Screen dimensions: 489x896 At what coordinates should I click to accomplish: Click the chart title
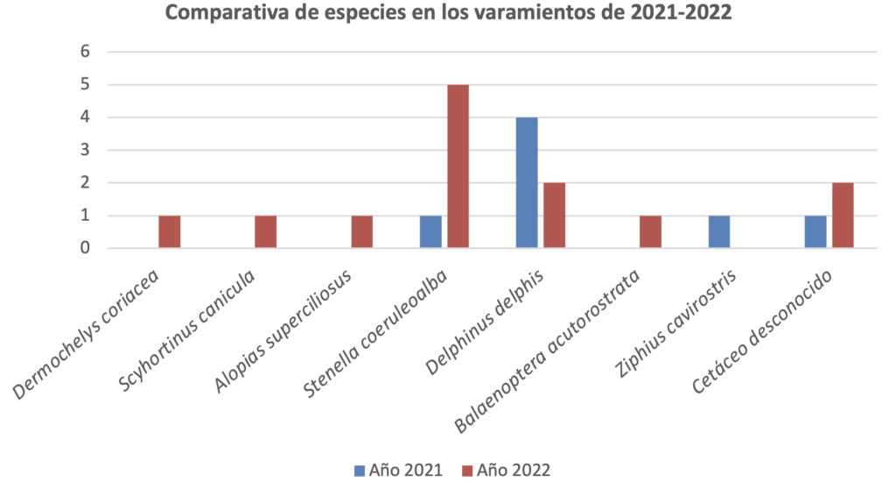tap(448, 14)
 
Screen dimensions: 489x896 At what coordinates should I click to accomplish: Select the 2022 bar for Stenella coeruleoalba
tap(458, 167)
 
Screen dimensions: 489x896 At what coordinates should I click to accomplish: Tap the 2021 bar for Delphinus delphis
tap(527, 182)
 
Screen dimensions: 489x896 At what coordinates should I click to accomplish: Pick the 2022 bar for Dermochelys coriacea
tap(169, 232)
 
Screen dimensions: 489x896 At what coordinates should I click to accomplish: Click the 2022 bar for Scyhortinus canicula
tap(265, 232)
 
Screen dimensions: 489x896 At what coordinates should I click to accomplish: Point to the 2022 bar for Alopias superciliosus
tap(361, 232)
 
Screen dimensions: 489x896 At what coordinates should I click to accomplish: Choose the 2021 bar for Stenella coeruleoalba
tap(430, 232)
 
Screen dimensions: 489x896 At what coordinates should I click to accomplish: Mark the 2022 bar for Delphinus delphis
tap(554, 216)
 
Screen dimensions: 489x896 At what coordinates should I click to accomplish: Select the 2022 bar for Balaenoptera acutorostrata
tap(650, 232)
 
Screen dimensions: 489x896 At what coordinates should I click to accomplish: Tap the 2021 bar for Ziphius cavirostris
tap(719, 232)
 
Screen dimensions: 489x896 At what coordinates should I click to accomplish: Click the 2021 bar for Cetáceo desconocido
tap(815, 232)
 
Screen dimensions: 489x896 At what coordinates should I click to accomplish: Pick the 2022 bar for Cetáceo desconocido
tap(843, 216)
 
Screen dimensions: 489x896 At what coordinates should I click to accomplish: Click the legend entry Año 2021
tap(396, 471)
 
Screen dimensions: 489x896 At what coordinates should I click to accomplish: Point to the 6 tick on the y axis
tap(85, 52)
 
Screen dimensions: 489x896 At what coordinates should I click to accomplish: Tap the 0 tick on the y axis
tap(85, 249)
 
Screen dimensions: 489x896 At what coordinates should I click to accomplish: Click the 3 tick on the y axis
tap(85, 150)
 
